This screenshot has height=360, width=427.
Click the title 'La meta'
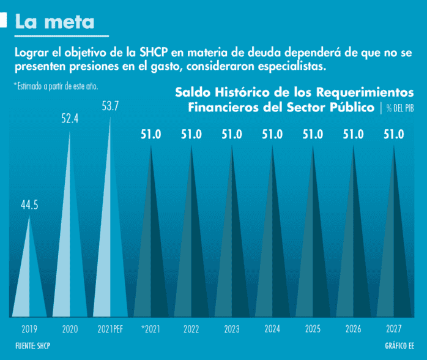click(55, 21)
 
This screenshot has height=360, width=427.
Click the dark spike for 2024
click(272, 257)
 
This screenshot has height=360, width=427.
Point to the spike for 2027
click(393, 257)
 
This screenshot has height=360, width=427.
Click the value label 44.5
click(29, 205)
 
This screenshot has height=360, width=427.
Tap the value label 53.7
click(110, 106)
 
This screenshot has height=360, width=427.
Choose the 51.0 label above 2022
click(191, 134)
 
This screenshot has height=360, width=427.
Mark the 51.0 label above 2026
click(353, 134)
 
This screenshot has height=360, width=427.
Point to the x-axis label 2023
click(232, 329)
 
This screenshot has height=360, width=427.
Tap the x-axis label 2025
click(313, 329)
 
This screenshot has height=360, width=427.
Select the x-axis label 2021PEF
click(111, 329)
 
